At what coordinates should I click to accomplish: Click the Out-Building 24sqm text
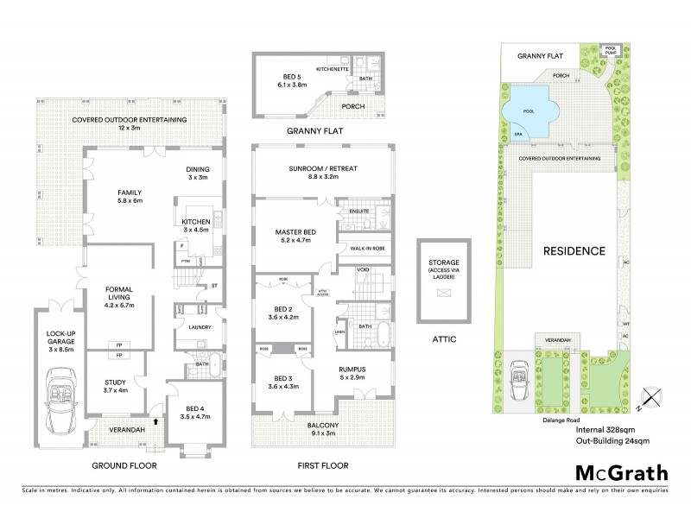(612, 440)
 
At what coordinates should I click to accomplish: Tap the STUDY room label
(115, 385)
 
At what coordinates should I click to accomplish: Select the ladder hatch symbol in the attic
(444, 294)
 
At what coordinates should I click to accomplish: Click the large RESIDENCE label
(573, 251)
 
